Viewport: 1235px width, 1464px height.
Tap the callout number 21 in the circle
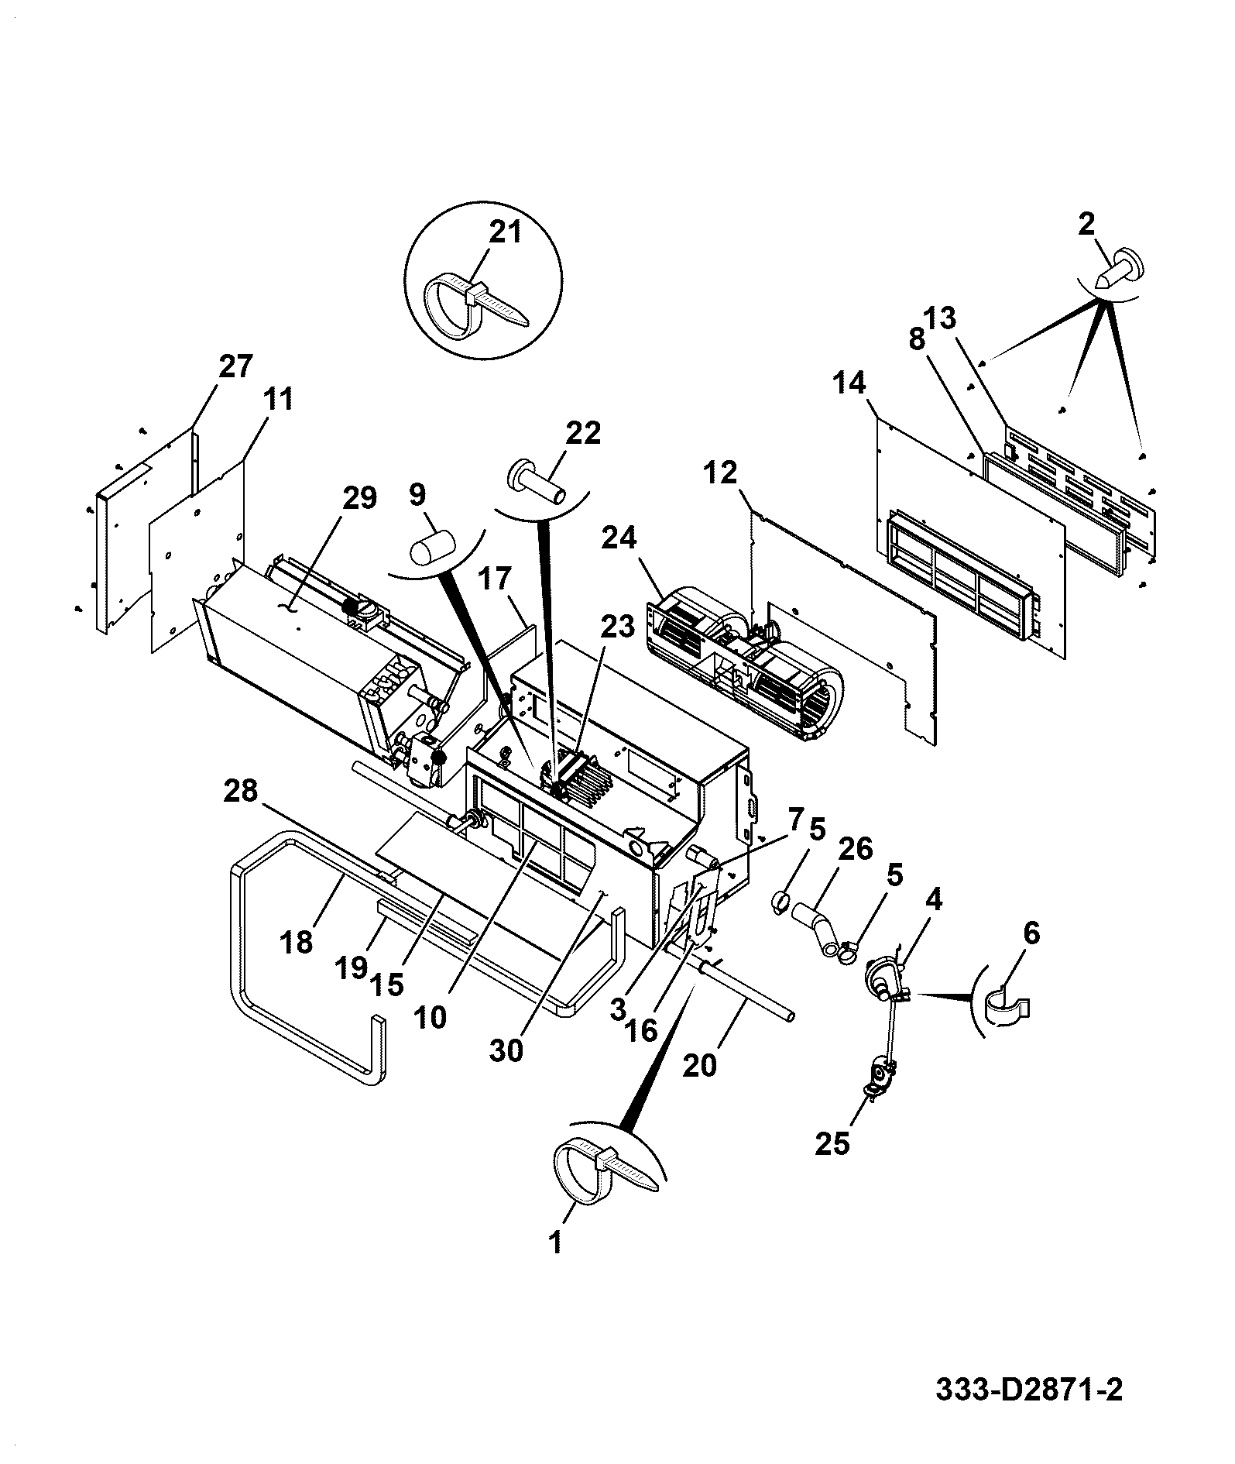[506, 231]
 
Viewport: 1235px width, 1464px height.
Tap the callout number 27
[235, 366]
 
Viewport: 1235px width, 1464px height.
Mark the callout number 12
[721, 473]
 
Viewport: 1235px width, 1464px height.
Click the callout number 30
[506, 1050]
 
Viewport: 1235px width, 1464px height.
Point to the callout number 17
[495, 579]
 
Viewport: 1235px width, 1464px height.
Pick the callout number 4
[933, 900]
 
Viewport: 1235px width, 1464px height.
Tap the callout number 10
[431, 1016]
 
